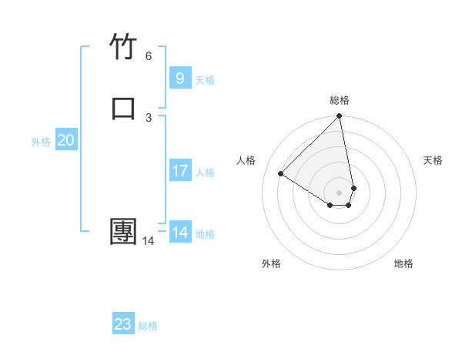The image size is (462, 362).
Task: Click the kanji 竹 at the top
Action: pyautogui.click(x=123, y=46)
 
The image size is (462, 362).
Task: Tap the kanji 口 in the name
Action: pyautogui.click(x=123, y=107)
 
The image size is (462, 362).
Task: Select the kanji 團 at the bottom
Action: pyautogui.click(x=123, y=232)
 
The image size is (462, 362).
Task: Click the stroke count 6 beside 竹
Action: pyautogui.click(x=149, y=56)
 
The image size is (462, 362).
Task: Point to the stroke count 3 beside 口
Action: pyautogui.click(x=149, y=117)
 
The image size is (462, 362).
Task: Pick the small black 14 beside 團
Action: pyautogui.click(x=148, y=241)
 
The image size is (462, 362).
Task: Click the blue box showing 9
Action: pyautogui.click(x=179, y=78)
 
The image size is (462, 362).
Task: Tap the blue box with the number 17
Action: pyautogui.click(x=179, y=171)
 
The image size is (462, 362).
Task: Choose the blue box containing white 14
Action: pyautogui.click(x=180, y=233)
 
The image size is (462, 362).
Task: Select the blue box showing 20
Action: pyautogui.click(x=65, y=140)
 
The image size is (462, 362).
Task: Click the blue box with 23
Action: pyautogui.click(x=123, y=324)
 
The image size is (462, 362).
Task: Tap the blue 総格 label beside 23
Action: pyautogui.click(x=148, y=326)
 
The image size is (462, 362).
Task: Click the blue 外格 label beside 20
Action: pyautogui.click(x=41, y=142)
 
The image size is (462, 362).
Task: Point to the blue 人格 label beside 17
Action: pyautogui.click(x=206, y=173)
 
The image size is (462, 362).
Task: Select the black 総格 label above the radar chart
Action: pyautogui.click(x=340, y=100)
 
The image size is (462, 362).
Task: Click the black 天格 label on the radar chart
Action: pyautogui.click(x=433, y=160)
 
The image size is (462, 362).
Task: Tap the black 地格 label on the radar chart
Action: pyautogui.click(x=403, y=263)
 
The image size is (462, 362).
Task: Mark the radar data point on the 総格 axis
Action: pyautogui.click(x=340, y=117)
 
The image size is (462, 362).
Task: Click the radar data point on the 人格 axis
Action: pyautogui.click(x=281, y=173)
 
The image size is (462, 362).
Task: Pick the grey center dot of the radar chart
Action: pyautogui.click(x=340, y=192)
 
